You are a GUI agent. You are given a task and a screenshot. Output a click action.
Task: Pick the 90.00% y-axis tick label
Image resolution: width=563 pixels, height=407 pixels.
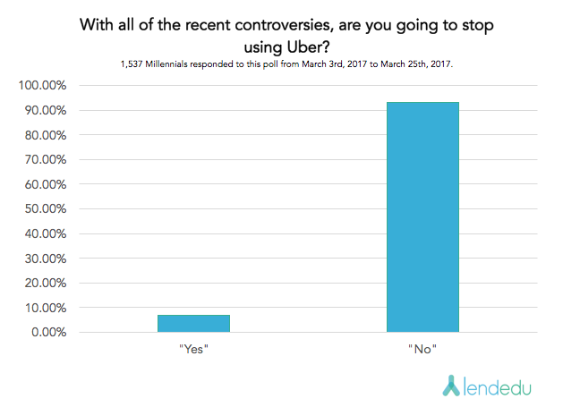pos(45,111)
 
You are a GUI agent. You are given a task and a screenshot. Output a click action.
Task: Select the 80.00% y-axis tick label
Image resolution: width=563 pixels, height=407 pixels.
pos(45,135)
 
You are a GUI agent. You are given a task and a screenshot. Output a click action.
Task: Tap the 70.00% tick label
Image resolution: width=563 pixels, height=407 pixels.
pos(45,160)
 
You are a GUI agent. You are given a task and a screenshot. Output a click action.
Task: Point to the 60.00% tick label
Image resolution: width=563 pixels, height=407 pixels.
pos(45,184)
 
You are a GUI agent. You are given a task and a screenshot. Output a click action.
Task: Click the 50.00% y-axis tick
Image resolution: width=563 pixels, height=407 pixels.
pos(45,209)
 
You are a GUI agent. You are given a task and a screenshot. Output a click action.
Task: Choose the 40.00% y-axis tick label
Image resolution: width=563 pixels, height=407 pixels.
pos(45,233)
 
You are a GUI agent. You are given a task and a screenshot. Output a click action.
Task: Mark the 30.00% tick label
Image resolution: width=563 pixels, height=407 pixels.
pos(45,259)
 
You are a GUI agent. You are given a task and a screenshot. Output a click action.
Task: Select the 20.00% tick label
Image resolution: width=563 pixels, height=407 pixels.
pos(45,284)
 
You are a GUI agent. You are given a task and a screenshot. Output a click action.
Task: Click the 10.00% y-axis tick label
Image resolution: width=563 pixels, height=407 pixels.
pos(45,308)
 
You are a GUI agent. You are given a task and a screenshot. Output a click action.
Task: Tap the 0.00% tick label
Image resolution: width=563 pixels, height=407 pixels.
pos(48,333)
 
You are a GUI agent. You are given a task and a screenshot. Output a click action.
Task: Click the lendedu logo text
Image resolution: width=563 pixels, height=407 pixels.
pos(501,385)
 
